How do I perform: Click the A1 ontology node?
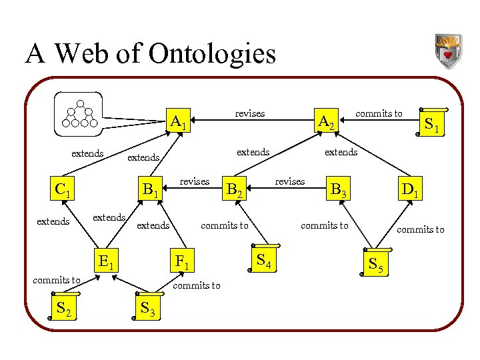point(178,123)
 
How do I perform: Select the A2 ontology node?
point(326,123)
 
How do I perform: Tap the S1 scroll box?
point(431,123)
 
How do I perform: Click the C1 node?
point(63,191)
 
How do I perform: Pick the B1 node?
point(149,191)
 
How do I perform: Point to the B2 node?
point(233,191)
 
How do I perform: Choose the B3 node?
point(337,191)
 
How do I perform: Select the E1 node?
point(105,260)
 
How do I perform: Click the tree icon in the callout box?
point(80,114)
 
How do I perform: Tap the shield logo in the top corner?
point(447,51)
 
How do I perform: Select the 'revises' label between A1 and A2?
point(250,113)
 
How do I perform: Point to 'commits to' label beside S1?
point(379,113)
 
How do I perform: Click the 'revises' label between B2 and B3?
point(290,181)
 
